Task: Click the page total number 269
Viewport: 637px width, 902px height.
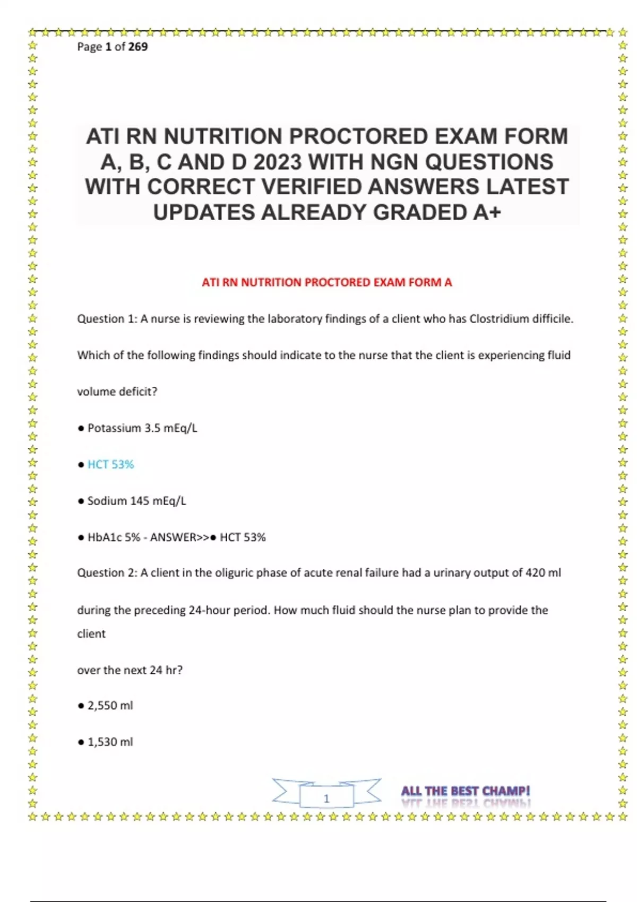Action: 138,47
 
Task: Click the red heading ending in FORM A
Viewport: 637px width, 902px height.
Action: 326,282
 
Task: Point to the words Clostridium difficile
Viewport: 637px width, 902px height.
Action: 521,319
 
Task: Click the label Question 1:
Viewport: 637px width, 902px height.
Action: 107,319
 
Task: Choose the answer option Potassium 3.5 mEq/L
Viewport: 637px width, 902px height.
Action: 142,428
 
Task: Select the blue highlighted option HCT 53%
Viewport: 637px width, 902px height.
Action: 110,465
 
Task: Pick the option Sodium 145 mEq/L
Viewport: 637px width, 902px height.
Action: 136,501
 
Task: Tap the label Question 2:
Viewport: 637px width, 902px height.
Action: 107,573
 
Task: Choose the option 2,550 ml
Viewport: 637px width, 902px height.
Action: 110,706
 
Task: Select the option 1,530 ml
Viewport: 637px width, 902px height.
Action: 110,742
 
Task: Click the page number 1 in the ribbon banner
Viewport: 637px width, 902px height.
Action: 326,798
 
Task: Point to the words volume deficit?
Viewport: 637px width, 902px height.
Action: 117,392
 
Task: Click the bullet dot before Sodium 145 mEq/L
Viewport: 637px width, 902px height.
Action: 81,501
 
